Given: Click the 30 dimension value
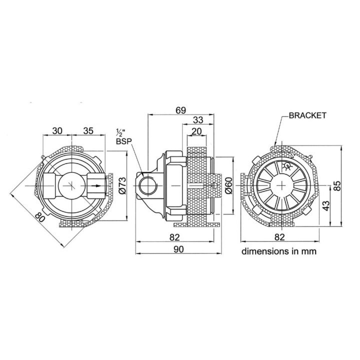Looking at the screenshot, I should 57,131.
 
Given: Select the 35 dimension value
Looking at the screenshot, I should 88,131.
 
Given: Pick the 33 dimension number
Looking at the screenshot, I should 198,120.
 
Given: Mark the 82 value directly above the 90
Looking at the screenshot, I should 175,237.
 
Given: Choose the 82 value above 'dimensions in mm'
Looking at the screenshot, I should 279,237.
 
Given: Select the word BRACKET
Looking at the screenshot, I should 307,115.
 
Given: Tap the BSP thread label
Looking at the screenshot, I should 122,142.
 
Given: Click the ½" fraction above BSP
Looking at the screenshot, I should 120,132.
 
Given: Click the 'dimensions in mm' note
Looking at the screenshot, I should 279,251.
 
